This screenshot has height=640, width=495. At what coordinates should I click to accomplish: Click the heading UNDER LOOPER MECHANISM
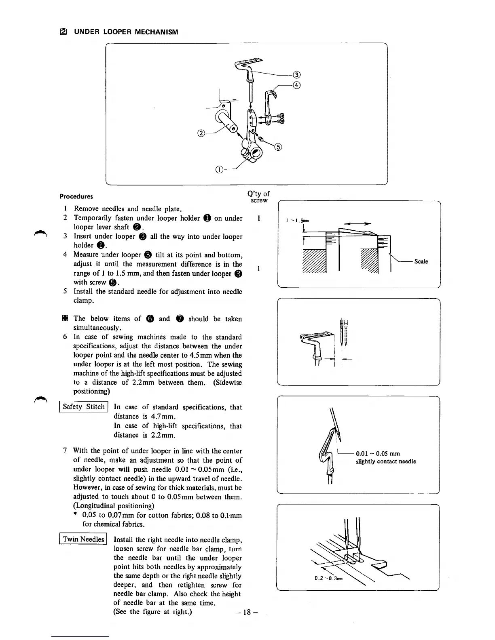[126, 32]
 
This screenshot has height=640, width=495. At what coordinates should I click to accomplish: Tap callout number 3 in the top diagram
[296, 75]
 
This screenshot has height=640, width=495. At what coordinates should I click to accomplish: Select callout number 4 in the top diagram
[296, 85]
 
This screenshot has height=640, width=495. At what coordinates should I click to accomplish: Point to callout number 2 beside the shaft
[201, 133]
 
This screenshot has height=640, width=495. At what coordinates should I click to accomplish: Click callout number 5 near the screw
[278, 147]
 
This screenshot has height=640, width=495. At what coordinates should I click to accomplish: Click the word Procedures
[76, 196]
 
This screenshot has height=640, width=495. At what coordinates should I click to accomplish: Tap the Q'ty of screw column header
[259, 197]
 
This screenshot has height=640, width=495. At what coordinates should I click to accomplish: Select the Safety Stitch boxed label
[84, 407]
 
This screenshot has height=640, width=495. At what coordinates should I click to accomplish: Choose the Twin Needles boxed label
[83, 539]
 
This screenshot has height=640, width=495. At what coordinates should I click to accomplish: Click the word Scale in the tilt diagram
[421, 261]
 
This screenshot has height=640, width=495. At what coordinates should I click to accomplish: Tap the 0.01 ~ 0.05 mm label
[378, 453]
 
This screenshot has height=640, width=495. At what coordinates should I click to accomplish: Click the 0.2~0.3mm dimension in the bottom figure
[328, 577]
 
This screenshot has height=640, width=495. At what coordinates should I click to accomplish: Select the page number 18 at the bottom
[247, 612]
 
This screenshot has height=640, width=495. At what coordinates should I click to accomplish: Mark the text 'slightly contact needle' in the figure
[386, 461]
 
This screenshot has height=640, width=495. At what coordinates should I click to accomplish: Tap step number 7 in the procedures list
[65, 451]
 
